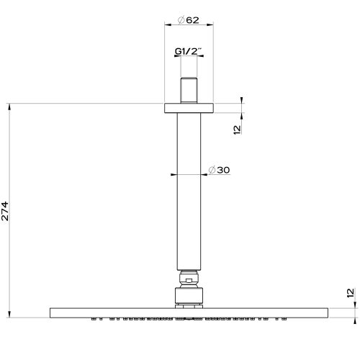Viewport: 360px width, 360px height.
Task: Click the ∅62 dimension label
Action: (189, 20)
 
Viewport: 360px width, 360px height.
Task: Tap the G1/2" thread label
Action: (189, 52)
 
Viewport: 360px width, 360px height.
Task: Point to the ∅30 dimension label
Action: (218, 170)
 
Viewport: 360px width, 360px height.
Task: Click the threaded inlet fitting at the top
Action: (189, 89)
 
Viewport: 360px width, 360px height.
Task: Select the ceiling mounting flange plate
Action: (189, 108)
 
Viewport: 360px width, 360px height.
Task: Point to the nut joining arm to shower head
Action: (189, 295)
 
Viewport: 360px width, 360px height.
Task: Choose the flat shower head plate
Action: (189, 311)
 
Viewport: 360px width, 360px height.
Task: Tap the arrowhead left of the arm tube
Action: (174, 174)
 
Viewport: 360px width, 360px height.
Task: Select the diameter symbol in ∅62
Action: (181, 20)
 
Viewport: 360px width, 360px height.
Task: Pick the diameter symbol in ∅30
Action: (211, 170)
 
